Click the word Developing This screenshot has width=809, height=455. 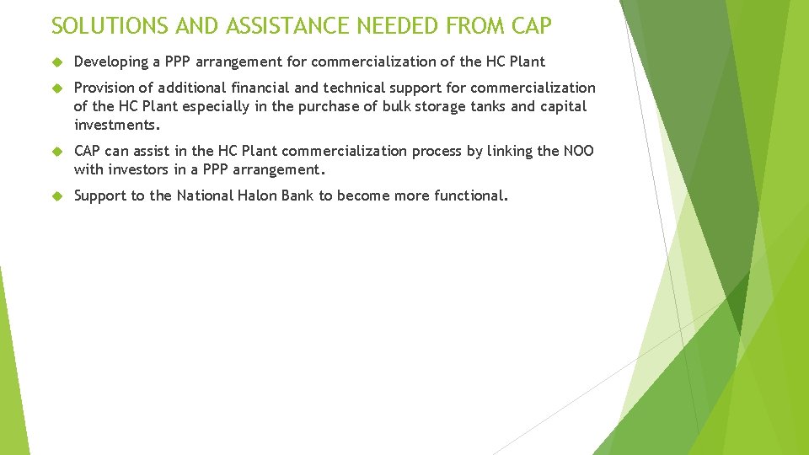[107, 62]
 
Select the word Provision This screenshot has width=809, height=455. [104, 88]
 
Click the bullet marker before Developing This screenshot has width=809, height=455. [57, 62]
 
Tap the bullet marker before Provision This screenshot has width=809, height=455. [57, 88]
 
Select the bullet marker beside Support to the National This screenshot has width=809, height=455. [57, 196]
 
